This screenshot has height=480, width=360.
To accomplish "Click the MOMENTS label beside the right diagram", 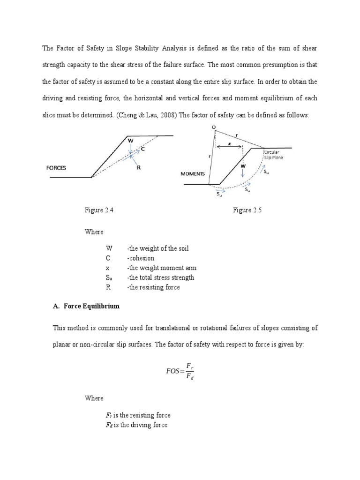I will [193, 173].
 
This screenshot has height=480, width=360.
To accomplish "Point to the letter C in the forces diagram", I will [142, 149].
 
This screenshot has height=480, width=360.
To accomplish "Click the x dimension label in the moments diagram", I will [230, 144].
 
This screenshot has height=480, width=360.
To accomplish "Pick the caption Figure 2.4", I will [99, 210].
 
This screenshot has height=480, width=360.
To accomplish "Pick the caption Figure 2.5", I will [247, 210].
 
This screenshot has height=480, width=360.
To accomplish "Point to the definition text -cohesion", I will [140, 258].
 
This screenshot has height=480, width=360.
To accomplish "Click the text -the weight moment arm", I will [161, 268].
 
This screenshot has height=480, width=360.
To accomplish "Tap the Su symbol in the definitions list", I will [109, 277].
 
